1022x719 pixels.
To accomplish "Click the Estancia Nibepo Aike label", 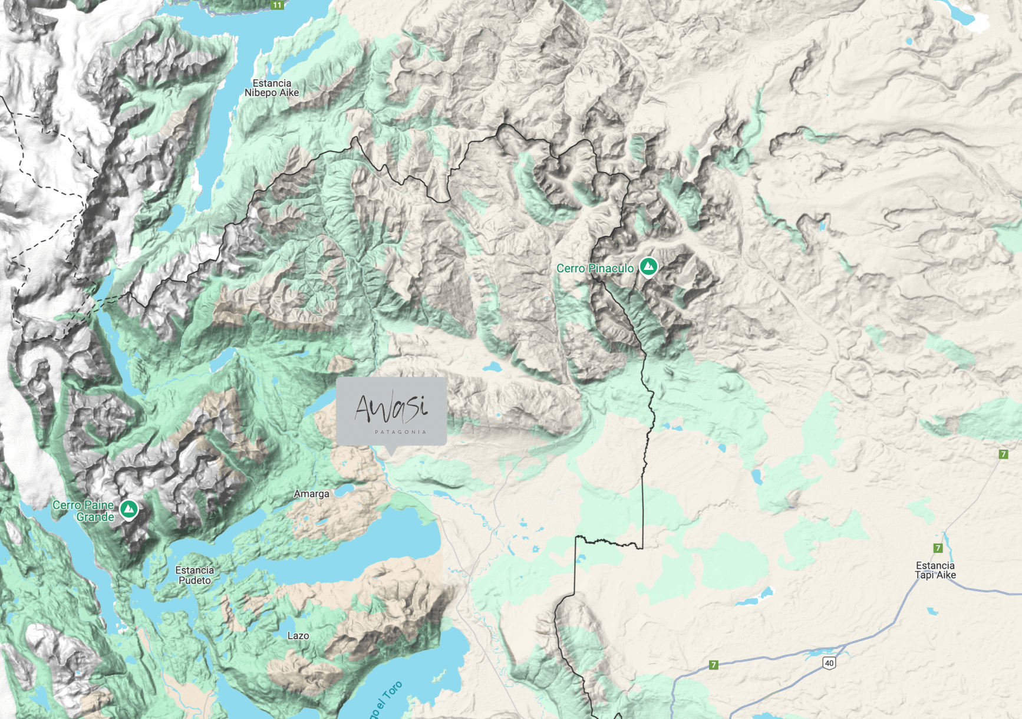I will tap(272, 88).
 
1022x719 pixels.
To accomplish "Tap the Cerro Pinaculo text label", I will tap(595, 268).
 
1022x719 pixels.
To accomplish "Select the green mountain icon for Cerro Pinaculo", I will tap(649, 266).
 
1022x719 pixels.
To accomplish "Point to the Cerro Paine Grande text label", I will tap(83, 511).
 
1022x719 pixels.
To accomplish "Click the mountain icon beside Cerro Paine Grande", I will tap(129, 509).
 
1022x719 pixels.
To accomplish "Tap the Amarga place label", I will tap(311, 494).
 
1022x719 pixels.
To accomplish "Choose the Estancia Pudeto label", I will tap(194, 575).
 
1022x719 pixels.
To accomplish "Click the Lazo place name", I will tap(298, 636).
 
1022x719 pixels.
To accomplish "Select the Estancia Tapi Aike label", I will tap(935, 570).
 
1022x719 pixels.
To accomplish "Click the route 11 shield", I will tap(277, 5).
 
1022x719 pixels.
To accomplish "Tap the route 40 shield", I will tap(829, 663).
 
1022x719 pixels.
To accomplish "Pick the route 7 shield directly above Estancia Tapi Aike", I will tap(938, 548).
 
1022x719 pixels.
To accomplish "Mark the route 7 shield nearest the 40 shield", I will tap(714, 665).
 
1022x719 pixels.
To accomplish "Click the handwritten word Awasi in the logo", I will tap(391, 407).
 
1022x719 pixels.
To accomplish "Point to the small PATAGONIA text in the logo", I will tap(400, 432).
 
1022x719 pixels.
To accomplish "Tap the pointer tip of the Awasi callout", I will tap(391, 454).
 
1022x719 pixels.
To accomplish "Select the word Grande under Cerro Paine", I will tap(95, 517).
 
